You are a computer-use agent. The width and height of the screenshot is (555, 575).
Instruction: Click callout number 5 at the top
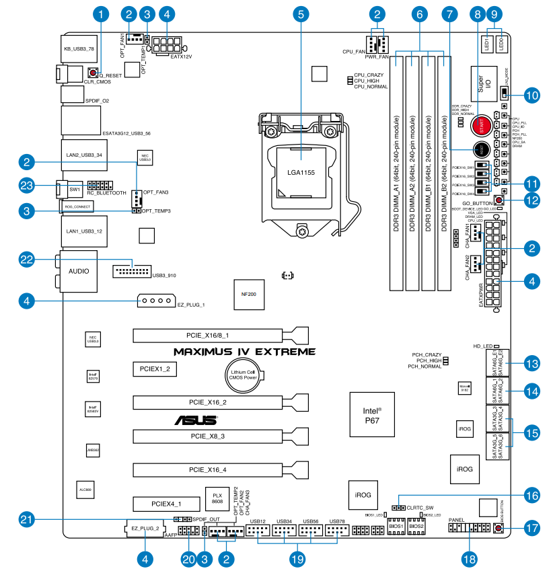pos(301,13)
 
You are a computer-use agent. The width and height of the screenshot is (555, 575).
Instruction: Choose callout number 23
pos(26,185)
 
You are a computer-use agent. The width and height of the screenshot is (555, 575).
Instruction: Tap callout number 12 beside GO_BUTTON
pos(531,200)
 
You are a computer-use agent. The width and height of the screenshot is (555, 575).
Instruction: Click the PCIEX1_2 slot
pos(154,369)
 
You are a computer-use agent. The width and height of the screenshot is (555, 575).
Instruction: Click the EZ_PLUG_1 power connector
pos(155,301)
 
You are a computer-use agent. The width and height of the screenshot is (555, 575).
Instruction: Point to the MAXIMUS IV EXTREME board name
pos(244,352)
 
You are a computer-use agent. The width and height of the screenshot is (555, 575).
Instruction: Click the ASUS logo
pos(195,420)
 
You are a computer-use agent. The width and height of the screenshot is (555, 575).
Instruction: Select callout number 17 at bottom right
pos(532,529)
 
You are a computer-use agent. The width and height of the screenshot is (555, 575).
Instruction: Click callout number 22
pos(26,260)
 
